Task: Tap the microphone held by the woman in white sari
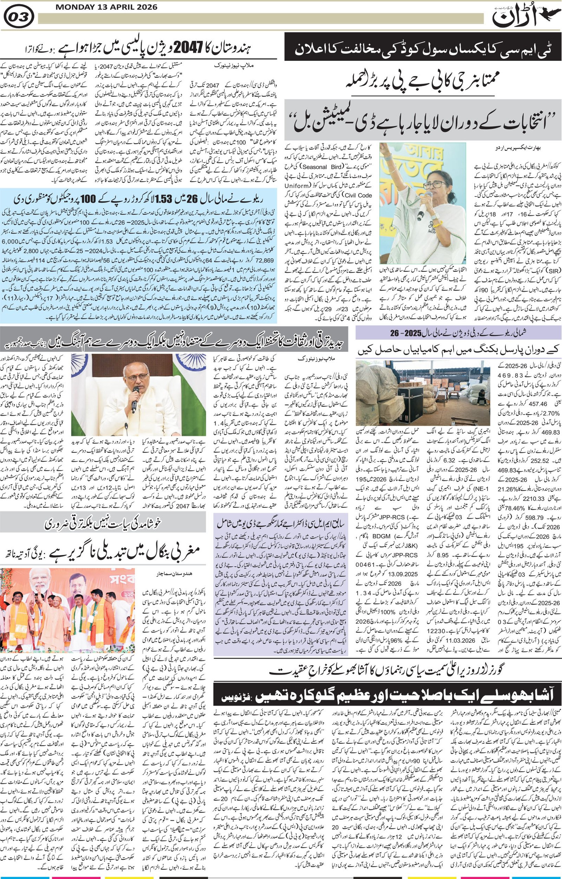[x=421, y=208]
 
